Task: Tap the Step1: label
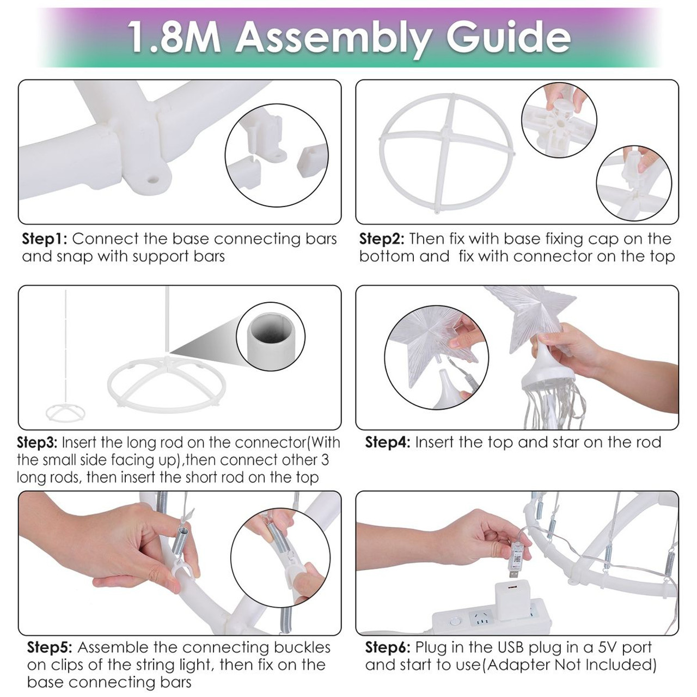coord(45,239)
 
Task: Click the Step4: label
coord(388,442)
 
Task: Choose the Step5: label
coord(50,647)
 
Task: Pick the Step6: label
coord(388,647)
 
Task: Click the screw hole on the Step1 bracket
coord(152,179)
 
